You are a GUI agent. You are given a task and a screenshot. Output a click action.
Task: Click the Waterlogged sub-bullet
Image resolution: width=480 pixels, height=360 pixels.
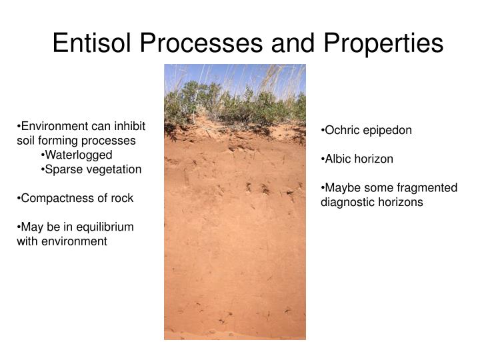coord(76,155)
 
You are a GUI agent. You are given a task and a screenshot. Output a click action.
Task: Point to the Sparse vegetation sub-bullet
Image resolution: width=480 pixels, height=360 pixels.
coord(91,169)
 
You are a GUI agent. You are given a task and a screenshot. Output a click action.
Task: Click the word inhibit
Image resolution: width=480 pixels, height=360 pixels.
coord(129,126)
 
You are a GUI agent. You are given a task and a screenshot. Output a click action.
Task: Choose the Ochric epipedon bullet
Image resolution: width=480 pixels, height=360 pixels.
coord(366,131)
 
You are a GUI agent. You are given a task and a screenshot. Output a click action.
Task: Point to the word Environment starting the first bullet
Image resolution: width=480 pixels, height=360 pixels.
coord(53,126)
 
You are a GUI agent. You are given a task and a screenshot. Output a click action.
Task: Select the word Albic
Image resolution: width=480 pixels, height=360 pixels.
coord(339,159)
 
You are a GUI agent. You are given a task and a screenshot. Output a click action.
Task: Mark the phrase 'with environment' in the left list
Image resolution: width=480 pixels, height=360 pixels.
coord(61,241)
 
